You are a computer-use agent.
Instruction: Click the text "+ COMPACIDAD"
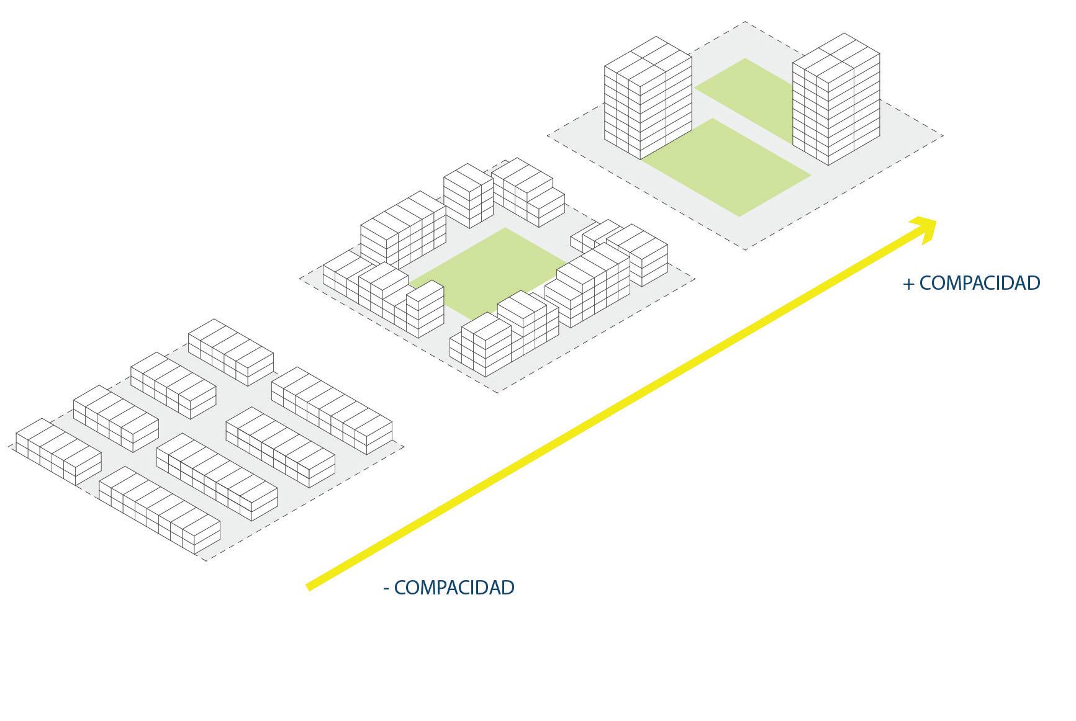[x=972, y=283]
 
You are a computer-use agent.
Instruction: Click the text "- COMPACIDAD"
[x=449, y=587]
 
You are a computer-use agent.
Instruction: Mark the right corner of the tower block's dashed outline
[x=943, y=135]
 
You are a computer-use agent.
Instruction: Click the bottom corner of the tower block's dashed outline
[x=745, y=249]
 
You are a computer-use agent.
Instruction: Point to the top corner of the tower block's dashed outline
[x=745, y=22]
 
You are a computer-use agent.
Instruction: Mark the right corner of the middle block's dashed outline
[x=694, y=279]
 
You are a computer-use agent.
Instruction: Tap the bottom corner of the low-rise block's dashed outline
[x=205, y=560]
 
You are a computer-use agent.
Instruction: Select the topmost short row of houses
[x=231, y=351]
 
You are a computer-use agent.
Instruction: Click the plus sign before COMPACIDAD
[x=909, y=284]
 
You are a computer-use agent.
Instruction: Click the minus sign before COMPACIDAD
[x=386, y=588]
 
